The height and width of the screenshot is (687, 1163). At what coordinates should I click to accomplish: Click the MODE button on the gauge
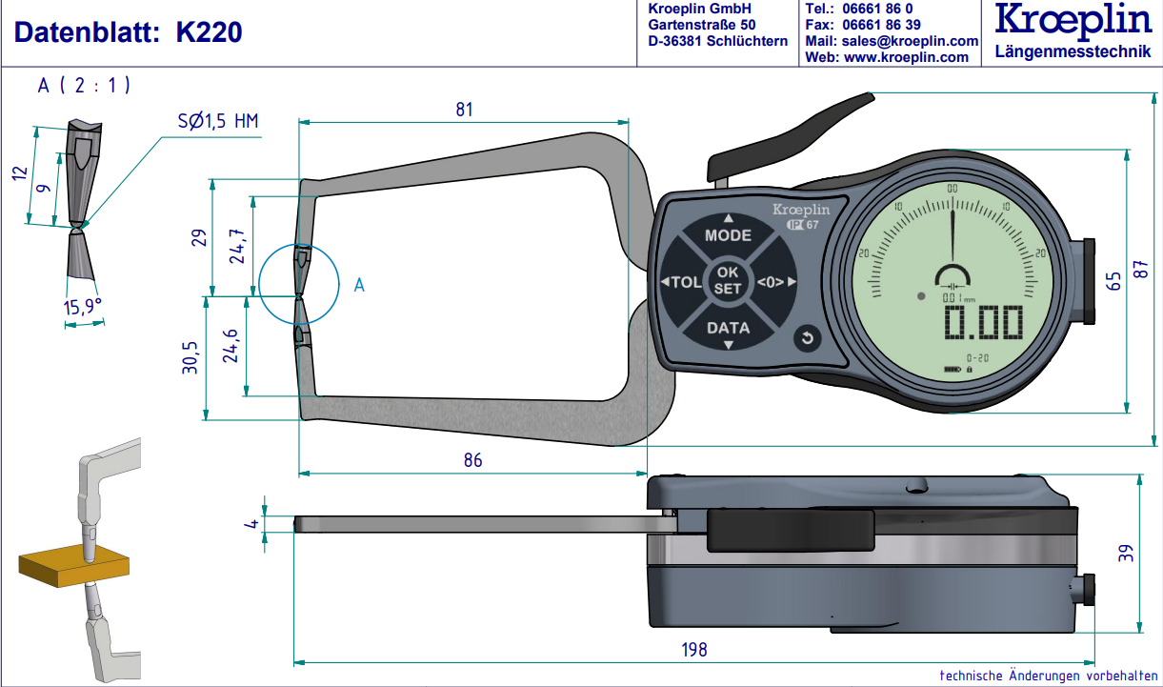[728, 234]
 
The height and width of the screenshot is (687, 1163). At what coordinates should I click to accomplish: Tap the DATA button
[728, 328]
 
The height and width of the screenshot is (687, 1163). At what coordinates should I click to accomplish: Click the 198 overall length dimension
[694, 649]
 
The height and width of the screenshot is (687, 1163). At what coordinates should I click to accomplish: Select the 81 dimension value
[463, 110]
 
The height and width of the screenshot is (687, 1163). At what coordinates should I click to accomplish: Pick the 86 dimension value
[472, 460]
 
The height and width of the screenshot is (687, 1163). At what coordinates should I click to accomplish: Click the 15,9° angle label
[82, 306]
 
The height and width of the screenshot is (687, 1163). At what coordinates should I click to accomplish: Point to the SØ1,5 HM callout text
[218, 121]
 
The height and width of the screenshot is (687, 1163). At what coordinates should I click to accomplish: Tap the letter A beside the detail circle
[359, 284]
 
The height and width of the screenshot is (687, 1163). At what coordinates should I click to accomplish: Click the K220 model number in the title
[210, 33]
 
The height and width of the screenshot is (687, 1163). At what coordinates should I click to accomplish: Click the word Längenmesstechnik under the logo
[1072, 51]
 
